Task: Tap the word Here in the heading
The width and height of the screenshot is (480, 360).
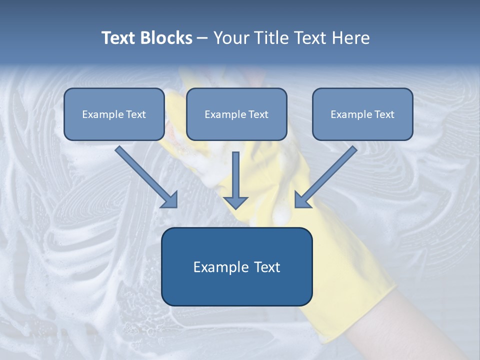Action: (351, 38)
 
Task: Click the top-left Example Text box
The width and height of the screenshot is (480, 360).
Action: (114, 114)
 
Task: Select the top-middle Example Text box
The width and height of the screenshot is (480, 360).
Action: (236, 114)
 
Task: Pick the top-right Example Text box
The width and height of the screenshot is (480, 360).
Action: (362, 114)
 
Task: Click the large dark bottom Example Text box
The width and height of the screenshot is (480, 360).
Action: (236, 267)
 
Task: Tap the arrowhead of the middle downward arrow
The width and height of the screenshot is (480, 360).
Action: (235, 202)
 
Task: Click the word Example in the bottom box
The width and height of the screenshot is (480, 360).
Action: (214, 267)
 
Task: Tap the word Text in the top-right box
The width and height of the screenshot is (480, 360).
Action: (384, 114)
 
